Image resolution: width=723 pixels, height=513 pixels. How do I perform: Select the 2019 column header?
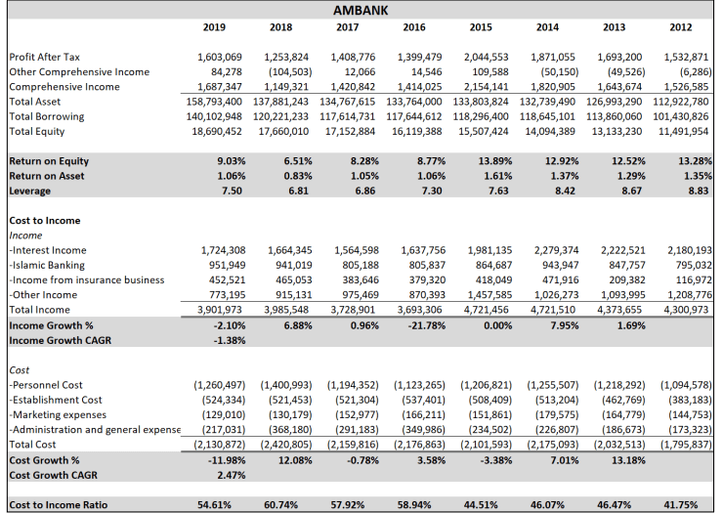(213, 26)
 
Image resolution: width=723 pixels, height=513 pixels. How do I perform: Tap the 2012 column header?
(681, 26)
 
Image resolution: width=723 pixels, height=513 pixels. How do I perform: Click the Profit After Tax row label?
(45, 58)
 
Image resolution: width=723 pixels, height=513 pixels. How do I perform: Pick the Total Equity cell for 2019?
(214, 130)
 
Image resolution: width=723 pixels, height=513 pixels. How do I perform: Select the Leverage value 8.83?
(696, 191)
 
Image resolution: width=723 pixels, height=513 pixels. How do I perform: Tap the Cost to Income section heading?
(45, 221)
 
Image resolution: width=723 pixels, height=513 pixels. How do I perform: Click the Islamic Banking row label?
(47, 265)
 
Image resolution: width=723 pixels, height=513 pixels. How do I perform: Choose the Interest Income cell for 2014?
(553, 250)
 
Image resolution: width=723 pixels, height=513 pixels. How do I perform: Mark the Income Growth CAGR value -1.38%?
(226, 339)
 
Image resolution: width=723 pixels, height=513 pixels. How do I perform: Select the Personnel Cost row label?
(48, 384)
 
